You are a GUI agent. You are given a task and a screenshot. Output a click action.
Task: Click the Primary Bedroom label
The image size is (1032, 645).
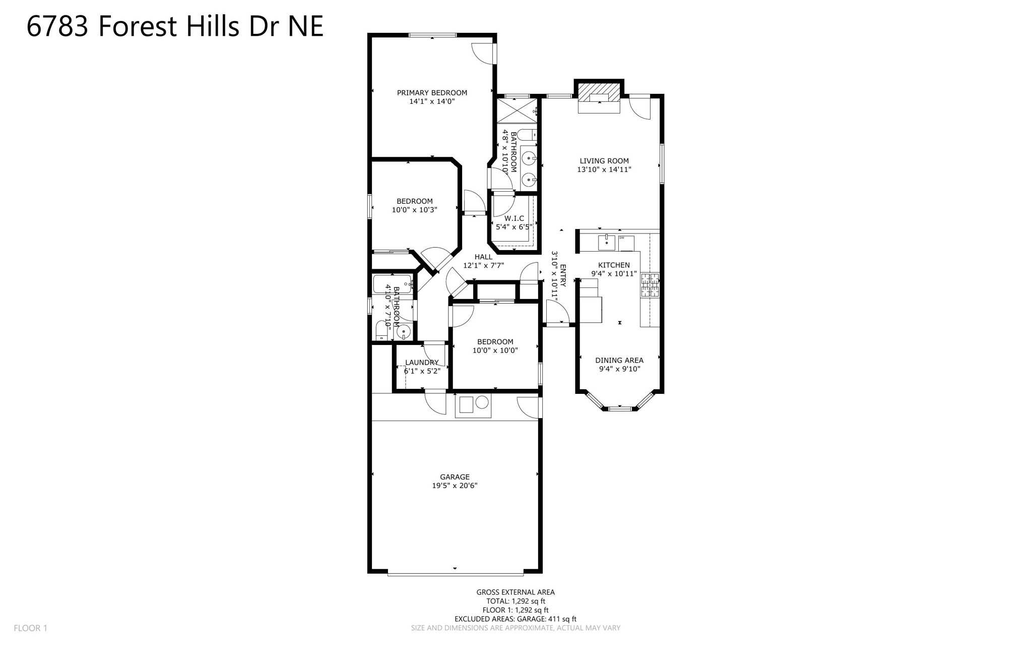432,93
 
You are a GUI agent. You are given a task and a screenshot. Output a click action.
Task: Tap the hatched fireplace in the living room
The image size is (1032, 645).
599,92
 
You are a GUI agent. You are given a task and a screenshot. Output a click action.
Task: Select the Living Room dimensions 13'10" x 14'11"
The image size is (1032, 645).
604,169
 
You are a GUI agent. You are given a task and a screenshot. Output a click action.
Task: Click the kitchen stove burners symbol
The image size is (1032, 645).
650,285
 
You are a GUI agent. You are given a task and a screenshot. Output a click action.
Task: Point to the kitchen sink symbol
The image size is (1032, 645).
606,243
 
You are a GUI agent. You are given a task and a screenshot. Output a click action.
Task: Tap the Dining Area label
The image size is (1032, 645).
619,360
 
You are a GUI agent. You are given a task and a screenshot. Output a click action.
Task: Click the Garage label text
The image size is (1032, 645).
455,477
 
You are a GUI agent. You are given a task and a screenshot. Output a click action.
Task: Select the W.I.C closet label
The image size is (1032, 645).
514,218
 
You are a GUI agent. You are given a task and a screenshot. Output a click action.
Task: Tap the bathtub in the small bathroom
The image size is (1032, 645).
392,284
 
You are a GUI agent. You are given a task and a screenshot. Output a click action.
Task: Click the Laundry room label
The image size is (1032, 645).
422,362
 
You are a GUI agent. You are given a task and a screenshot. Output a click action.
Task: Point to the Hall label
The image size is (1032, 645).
483,257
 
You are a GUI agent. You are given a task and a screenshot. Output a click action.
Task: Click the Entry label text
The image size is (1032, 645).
563,275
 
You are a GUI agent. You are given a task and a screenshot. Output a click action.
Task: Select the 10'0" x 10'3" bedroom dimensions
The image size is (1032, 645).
414,210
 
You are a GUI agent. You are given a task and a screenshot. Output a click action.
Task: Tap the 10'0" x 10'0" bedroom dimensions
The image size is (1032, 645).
495,350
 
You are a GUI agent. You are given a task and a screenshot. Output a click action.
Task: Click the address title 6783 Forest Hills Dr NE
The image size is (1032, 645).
174,26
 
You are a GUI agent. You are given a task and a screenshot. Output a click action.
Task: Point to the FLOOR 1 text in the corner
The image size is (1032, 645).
30,628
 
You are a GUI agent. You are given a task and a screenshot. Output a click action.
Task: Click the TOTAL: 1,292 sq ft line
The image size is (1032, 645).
515,601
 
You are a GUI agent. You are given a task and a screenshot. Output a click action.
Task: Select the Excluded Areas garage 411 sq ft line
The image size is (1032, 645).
515,619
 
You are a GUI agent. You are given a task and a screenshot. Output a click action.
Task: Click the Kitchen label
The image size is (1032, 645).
614,265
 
